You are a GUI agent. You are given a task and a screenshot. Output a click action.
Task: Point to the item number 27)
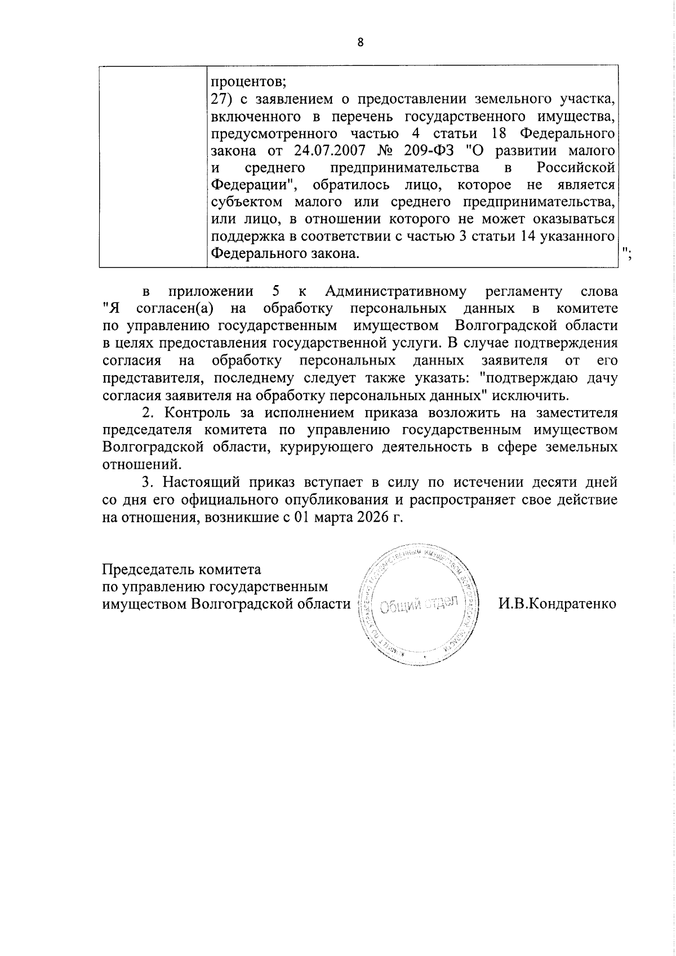click(x=221, y=99)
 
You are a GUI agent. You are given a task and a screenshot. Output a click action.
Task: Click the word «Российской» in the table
click(x=575, y=167)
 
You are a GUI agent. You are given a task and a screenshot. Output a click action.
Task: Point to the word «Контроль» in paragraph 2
click(x=192, y=412)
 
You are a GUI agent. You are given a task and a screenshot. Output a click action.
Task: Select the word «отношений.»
click(x=143, y=464)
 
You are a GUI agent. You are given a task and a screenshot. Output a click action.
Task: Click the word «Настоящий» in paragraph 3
click(x=194, y=482)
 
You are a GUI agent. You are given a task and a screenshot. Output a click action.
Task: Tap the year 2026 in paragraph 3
click(x=372, y=517)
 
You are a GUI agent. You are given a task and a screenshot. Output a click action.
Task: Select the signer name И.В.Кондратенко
click(x=557, y=604)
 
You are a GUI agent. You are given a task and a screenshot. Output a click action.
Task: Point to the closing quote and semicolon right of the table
click(x=628, y=252)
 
